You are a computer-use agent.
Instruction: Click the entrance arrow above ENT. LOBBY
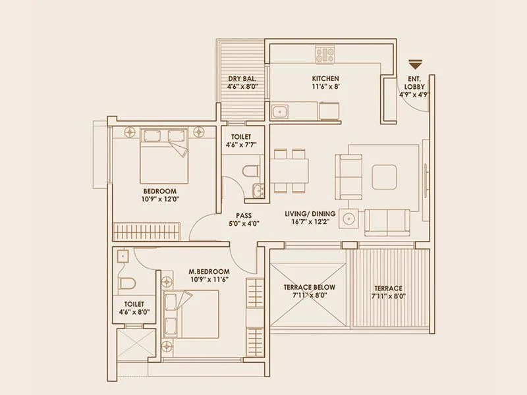[414, 65]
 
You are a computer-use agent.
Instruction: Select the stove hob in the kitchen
[325, 53]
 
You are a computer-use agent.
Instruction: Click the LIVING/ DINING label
[310, 214]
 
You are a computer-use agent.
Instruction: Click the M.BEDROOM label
[209, 271]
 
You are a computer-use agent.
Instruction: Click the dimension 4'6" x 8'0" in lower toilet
[134, 313]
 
